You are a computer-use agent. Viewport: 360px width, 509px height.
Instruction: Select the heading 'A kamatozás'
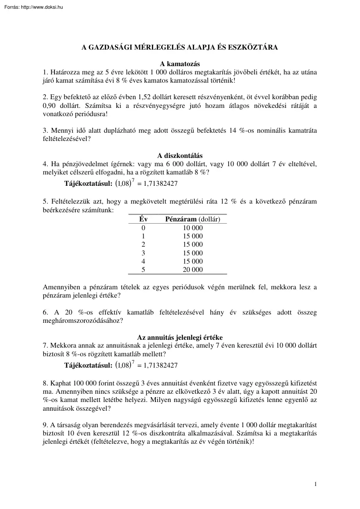tap(179, 64)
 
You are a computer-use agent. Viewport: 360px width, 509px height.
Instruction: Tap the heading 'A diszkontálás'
tap(179, 156)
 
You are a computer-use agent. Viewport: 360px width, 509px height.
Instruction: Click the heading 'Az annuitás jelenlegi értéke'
tap(179, 337)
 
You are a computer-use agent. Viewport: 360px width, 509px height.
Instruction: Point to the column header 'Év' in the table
tap(143, 219)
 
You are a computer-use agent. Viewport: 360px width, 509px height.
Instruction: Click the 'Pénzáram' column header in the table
tap(181, 219)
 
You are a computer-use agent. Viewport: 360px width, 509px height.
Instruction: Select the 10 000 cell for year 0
tap(193, 228)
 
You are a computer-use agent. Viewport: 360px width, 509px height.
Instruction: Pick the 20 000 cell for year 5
tap(193, 270)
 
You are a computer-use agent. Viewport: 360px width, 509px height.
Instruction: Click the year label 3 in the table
tap(143, 253)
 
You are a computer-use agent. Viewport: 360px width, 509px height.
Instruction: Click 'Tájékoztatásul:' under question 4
tap(88, 184)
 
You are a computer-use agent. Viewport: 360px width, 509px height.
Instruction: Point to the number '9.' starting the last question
tap(46, 424)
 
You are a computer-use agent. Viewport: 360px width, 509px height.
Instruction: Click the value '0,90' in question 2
tap(50, 105)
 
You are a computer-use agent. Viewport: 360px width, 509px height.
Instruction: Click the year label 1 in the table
tap(143, 236)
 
